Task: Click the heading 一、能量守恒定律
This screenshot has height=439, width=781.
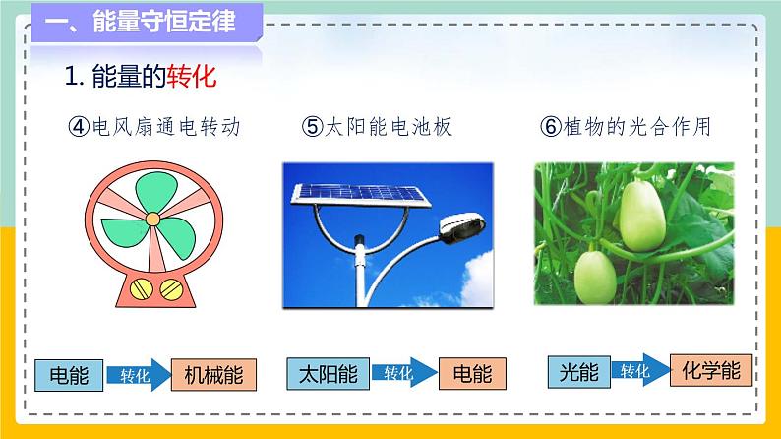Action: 148,24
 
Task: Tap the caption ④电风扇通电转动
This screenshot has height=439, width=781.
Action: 154,127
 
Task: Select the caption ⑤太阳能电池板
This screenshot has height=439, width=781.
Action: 377,127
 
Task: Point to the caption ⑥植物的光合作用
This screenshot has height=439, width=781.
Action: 626,127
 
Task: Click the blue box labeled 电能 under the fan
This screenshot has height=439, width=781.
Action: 67,375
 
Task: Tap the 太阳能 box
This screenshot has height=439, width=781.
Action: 328,374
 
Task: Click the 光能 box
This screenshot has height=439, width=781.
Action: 578,371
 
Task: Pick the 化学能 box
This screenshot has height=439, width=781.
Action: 711,370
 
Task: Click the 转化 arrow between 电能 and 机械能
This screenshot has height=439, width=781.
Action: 135,375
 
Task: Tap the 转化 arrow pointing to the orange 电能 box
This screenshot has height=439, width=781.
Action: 399,374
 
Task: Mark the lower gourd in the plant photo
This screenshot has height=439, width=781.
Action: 593,276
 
